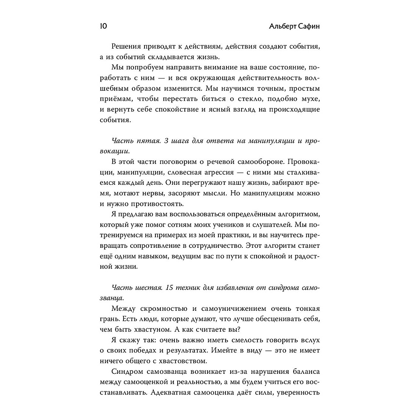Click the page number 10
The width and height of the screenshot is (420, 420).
(103, 26)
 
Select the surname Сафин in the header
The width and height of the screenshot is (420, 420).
(309, 26)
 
